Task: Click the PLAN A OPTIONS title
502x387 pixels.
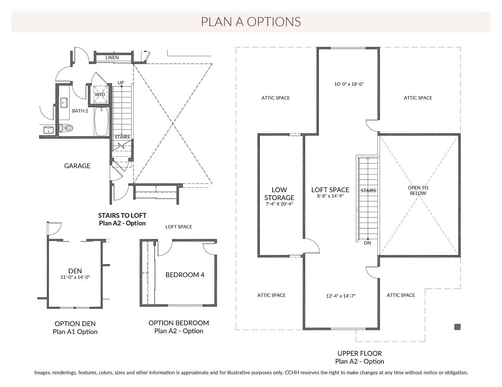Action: click(251, 22)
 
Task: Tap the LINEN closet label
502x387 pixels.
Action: click(112, 58)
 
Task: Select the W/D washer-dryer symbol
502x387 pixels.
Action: click(100, 95)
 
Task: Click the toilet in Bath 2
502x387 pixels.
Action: click(66, 128)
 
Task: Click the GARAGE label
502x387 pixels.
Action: click(77, 166)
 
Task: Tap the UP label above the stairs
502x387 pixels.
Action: click(121, 83)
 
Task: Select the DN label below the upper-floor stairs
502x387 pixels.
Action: click(368, 243)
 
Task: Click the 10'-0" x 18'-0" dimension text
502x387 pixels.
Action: click(349, 84)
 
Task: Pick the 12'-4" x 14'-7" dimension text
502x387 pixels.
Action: click(341, 296)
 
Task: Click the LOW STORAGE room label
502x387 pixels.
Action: click(279, 193)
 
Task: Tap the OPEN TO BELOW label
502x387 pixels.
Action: click(418, 190)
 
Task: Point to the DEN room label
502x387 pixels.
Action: click(75, 271)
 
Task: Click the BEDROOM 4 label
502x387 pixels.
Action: click(185, 275)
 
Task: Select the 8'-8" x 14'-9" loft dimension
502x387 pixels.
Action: click(330, 196)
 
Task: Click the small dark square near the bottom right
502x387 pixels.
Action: click(458, 327)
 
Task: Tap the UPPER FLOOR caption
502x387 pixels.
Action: click(359, 354)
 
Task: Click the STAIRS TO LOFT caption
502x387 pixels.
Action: click(122, 215)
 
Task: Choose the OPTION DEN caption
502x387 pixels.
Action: click(75, 324)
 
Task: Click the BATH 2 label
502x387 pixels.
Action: click(80, 111)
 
